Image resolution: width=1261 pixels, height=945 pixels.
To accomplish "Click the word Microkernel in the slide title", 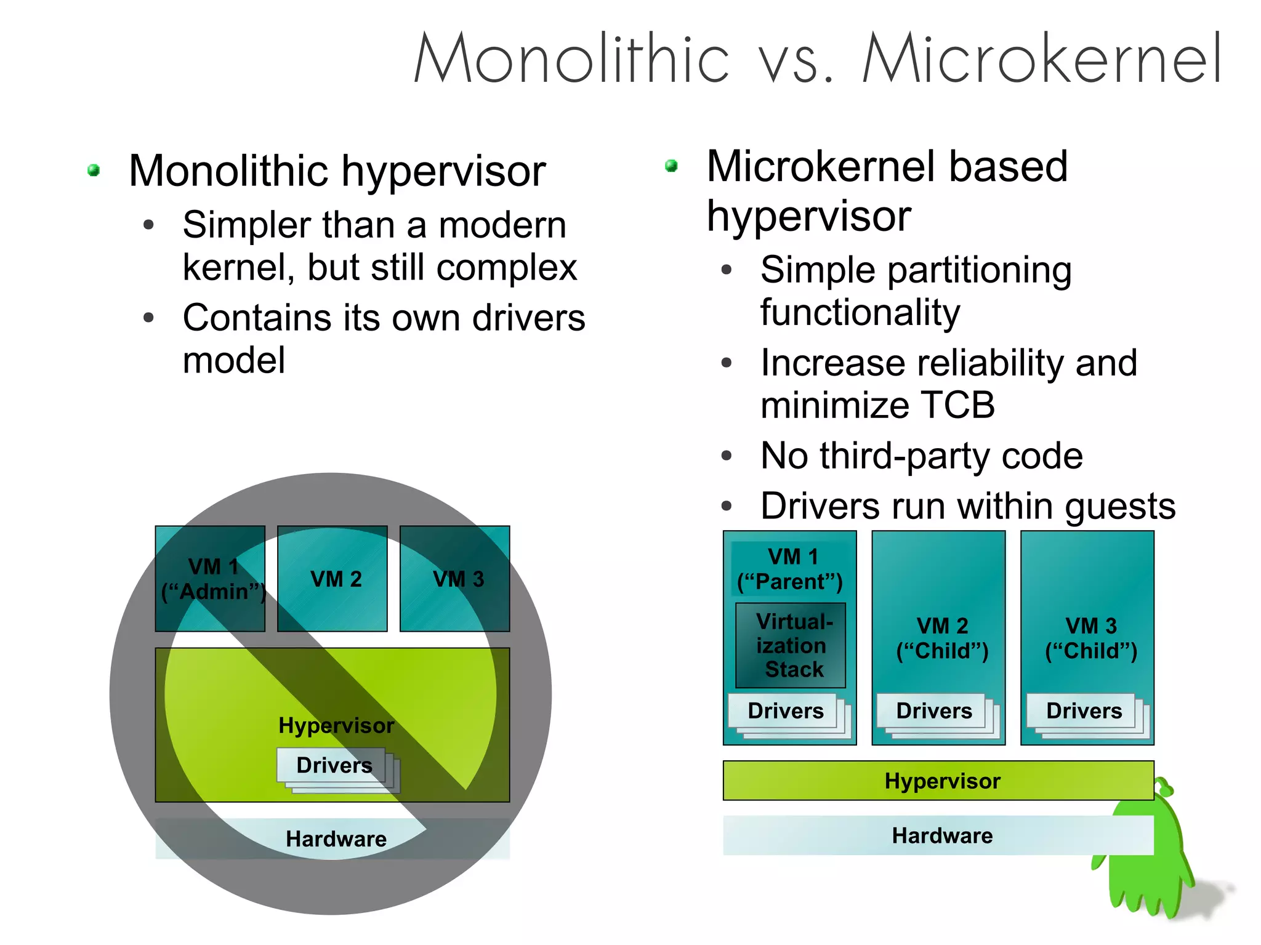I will coord(1042,59).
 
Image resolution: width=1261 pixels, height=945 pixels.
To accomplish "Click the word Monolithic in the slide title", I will coord(571,59).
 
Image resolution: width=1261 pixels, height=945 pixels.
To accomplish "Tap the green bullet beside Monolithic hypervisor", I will coord(94,170).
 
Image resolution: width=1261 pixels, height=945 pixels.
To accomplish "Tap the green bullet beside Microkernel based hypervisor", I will coord(671,166).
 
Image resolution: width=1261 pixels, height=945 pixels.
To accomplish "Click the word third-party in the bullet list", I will coord(905,456).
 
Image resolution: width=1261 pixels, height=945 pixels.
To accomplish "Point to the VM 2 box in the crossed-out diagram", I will coord(333,579).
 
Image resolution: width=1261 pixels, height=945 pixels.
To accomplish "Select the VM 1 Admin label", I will coord(212,579).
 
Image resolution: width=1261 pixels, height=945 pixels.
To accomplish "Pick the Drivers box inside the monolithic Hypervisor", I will coord(334,765).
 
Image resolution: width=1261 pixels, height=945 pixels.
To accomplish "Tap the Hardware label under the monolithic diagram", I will coord(336,838).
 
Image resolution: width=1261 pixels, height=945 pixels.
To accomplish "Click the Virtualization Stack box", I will coord(792,645).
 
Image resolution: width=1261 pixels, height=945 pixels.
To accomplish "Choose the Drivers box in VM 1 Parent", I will coord(785,711).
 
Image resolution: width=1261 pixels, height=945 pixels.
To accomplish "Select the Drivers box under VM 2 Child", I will coord(933,711).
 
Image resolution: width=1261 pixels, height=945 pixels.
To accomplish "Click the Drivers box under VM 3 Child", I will coord(1083,711).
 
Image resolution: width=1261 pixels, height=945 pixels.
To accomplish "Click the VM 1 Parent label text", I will coord(791,569).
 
